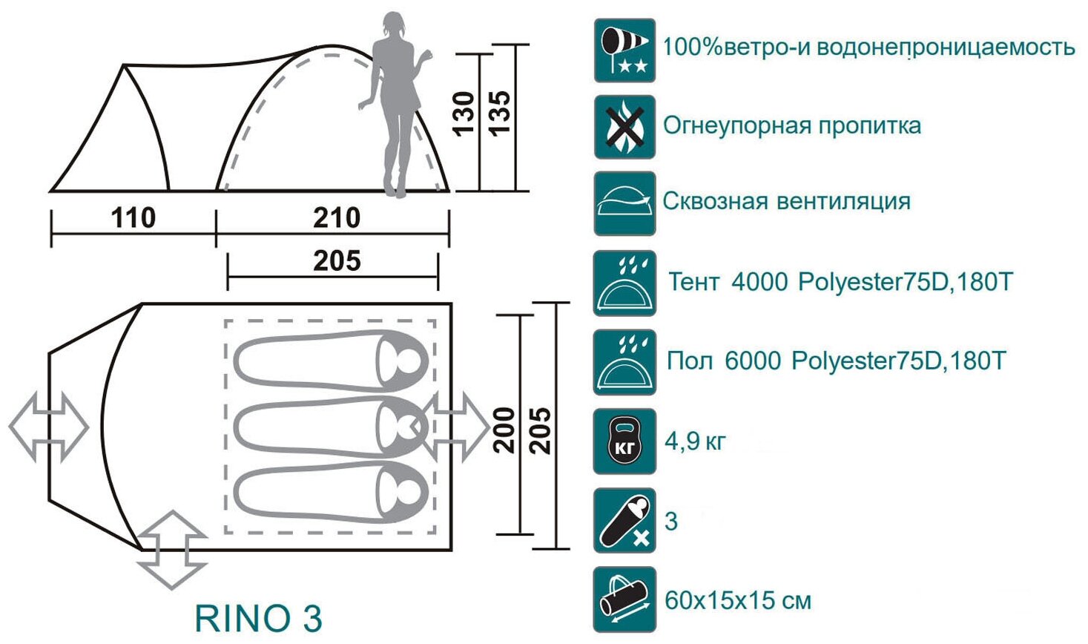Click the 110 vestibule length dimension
pos(133,218)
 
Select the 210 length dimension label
pos(336,218)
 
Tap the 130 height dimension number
pos(464,113)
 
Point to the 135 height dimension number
pos(499,113)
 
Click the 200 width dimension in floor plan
pos(504,430)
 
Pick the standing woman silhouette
pos(393,104)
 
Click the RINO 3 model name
pos(258,618)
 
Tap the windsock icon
pos(624,50)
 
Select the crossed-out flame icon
pos(624,127)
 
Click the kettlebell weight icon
pos(624,441)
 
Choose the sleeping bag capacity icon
pos(624,520)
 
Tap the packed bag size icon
pos(624,599)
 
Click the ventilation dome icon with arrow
pos(624,203)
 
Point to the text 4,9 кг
pos(695,441)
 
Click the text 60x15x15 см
pos(737,599)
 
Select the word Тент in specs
pos(693,282)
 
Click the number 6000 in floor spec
pos(753,361)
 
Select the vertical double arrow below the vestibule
pos(172,550)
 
